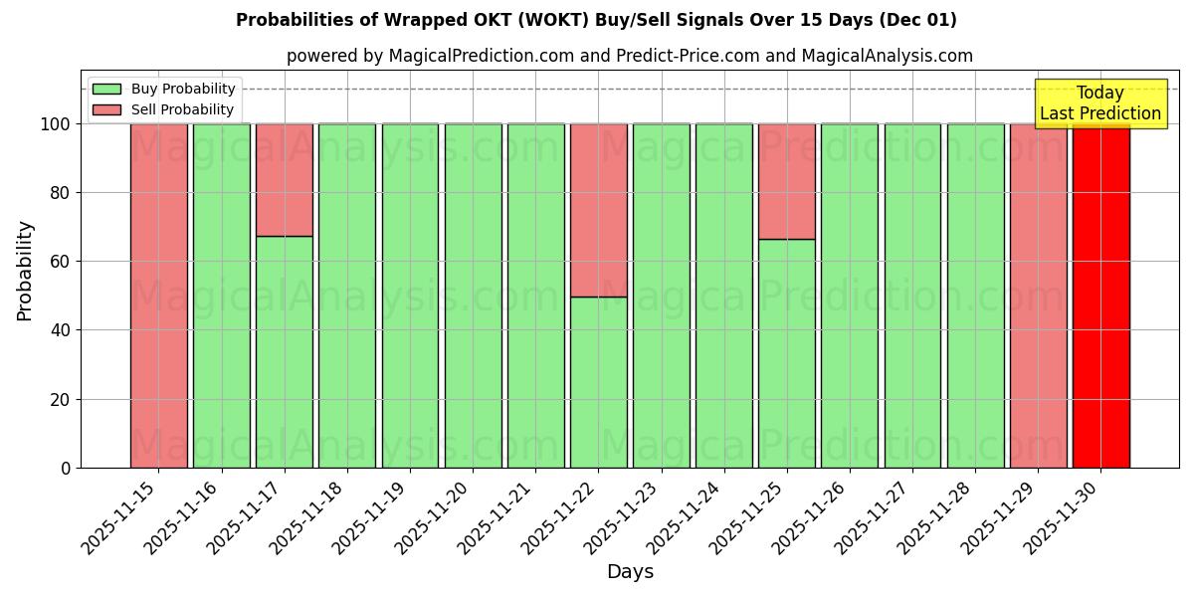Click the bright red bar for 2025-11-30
pyautogui.click(x=1100, y=298)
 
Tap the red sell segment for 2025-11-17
pyautogui.click(x=285, y=180)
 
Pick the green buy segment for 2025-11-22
pyautogui.click(x=599, y=382)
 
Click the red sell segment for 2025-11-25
pyautogui.click(x=787, y=181)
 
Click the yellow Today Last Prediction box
pyautogui.click(x=1099, y=103)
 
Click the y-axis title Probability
pyautogui.click(x=25, y=271)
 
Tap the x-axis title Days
pyautogui.click(x=630, y=572)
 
